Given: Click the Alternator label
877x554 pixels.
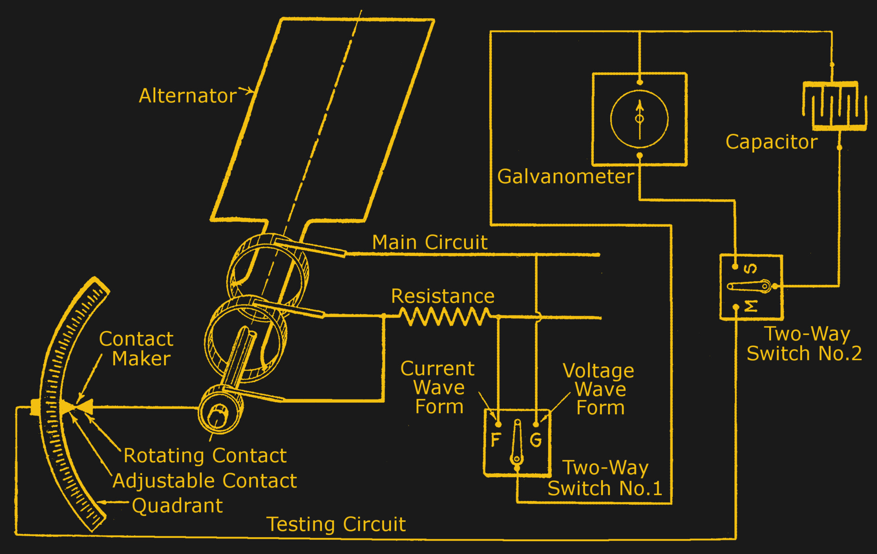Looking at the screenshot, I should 188,96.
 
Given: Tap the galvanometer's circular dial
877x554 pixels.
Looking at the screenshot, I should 639,119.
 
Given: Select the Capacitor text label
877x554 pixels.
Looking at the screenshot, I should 771,142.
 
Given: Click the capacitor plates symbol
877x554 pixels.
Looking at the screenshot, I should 835,106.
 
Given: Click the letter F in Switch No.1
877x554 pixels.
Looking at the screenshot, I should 496,440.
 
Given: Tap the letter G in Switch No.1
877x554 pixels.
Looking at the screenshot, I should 536,440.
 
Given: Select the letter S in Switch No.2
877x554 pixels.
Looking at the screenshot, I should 750,268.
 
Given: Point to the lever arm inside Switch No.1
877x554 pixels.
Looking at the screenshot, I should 517,441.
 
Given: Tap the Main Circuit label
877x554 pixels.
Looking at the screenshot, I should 430,242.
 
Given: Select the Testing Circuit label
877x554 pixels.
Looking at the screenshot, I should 336,524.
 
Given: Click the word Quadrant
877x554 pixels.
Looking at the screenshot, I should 177,506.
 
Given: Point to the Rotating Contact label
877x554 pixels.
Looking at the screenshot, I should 205,456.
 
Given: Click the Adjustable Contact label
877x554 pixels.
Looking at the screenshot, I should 205,481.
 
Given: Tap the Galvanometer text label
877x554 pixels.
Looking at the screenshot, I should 565,176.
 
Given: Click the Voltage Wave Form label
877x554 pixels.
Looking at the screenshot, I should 599,389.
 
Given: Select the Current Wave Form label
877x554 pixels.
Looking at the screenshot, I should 438,388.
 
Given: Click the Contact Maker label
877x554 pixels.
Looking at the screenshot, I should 137,349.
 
